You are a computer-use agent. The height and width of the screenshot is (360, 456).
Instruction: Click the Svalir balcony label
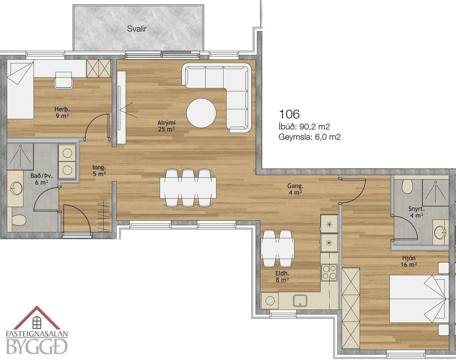tap(137, 29)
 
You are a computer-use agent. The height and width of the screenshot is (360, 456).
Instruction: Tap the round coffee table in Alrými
tap(201, 113)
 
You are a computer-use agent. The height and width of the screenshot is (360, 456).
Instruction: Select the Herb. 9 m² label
tap(62, 113)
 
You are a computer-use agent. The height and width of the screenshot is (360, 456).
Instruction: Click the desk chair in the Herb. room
tap(63, 80)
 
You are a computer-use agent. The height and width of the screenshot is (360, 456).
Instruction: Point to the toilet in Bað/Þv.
tap(19, 220)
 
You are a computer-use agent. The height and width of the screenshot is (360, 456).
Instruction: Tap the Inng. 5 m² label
tap(99, 171)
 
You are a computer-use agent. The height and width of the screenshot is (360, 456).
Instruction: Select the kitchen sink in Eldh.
tap(300, 300)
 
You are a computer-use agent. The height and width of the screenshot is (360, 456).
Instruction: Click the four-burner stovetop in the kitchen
tap(329, 272)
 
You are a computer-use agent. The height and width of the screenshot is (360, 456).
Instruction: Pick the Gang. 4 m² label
tap(295, 189)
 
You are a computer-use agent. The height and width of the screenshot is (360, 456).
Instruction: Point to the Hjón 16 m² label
tap(409, 261)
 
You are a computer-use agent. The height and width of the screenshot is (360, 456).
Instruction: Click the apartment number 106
tap(289, 114)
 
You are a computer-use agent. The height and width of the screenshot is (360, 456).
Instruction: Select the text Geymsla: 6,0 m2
tap(310, 137)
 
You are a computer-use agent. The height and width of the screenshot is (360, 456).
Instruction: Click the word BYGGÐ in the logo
tap(37, 346)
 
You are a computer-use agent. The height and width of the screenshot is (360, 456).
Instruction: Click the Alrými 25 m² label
tap(167, 126)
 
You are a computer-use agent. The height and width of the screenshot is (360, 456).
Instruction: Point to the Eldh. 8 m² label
tap(282, 277)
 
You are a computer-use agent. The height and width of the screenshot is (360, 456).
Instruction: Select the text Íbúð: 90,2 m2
tap(304, 127)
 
